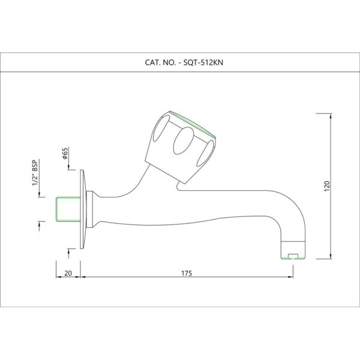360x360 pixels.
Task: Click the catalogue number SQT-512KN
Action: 203,62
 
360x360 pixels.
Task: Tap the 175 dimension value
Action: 187,274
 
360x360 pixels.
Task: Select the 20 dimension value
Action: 68,274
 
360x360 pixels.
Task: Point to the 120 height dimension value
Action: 327,186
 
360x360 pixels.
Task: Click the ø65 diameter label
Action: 65,154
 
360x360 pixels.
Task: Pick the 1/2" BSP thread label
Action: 35,172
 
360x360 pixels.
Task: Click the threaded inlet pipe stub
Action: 68,209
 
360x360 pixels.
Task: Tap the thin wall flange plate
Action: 83,209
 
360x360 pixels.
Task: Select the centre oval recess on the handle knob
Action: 184,140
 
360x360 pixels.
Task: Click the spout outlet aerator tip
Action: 293,250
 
